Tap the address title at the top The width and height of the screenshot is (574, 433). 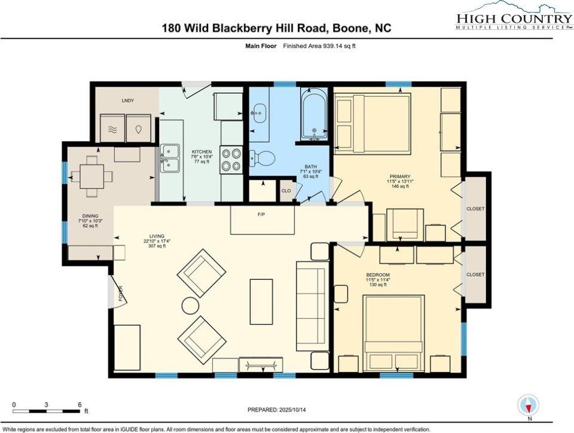tap(276, 28)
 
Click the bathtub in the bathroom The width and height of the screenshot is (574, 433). tap(313, 115)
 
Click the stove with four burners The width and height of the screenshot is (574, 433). tap(230, 160)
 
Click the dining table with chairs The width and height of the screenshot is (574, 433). tap(91, 176)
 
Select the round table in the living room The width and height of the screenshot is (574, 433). tap(190, 305)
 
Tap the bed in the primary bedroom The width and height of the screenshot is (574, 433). tap(373, 123)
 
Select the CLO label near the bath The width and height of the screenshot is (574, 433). tap(286, 191)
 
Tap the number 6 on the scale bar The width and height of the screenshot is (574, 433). tap(79, 404)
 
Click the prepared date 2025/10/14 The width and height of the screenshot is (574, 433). tap(293, 410)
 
